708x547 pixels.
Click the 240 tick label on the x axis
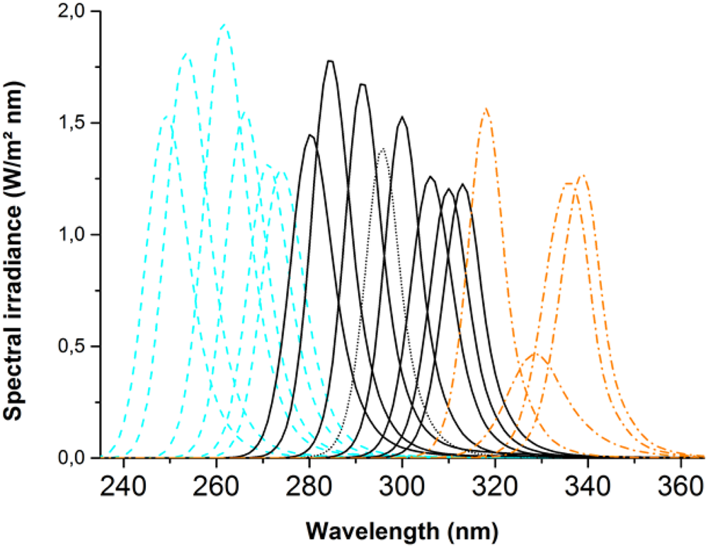[123, 485]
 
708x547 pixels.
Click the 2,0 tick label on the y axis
[72, 11]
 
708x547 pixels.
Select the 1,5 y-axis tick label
[72, 123]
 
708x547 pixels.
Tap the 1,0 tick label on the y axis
[72, 235]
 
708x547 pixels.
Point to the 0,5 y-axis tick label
[72, 347]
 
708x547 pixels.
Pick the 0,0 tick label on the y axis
[72, 458]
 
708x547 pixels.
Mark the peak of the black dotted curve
[383, 149]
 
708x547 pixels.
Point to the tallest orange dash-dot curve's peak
[486, 108]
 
